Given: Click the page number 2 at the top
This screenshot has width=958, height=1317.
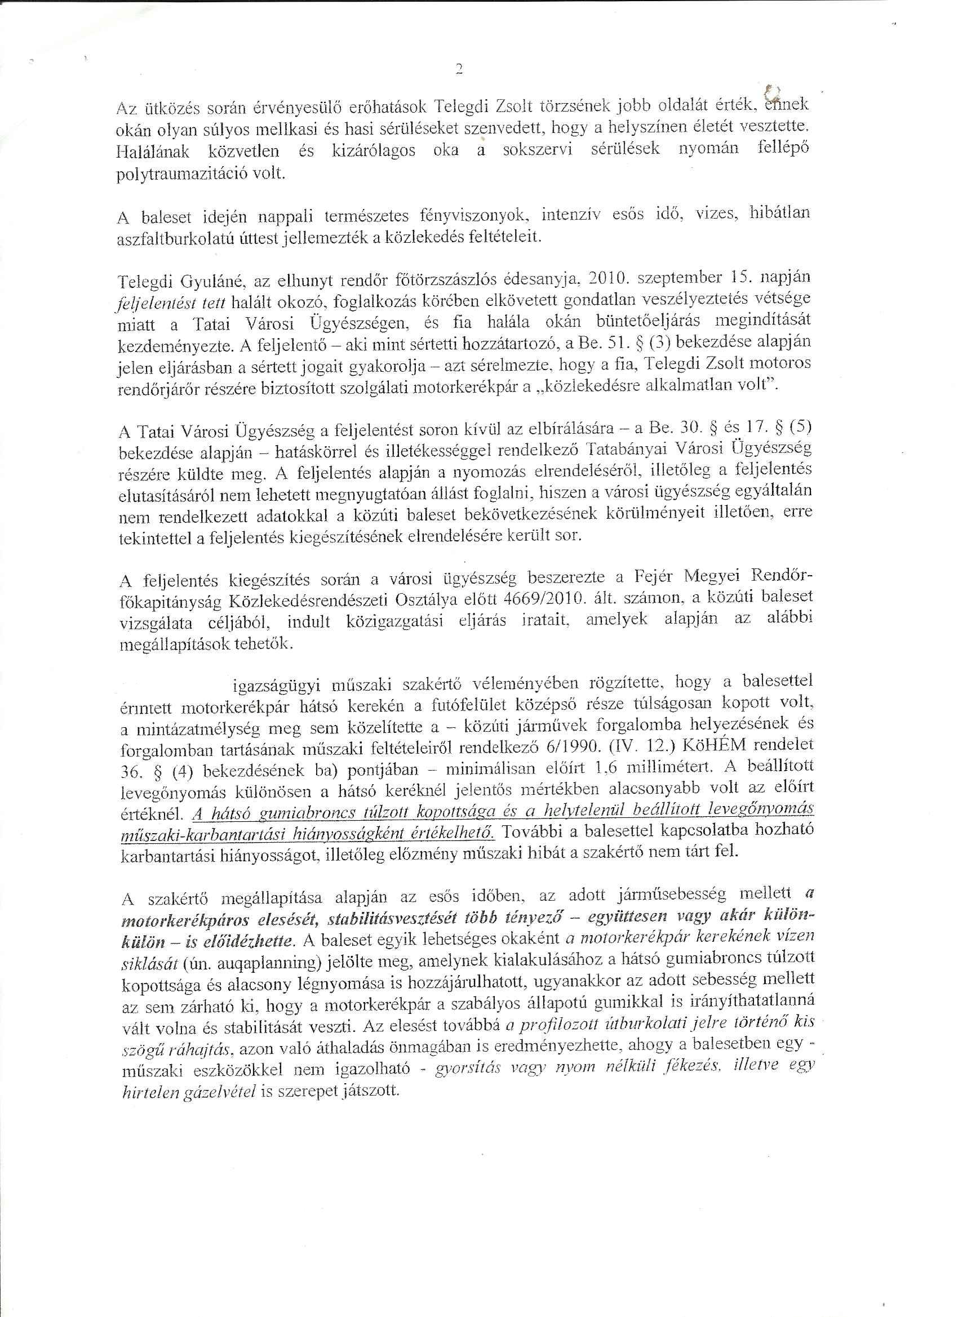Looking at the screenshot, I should point(459,70).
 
